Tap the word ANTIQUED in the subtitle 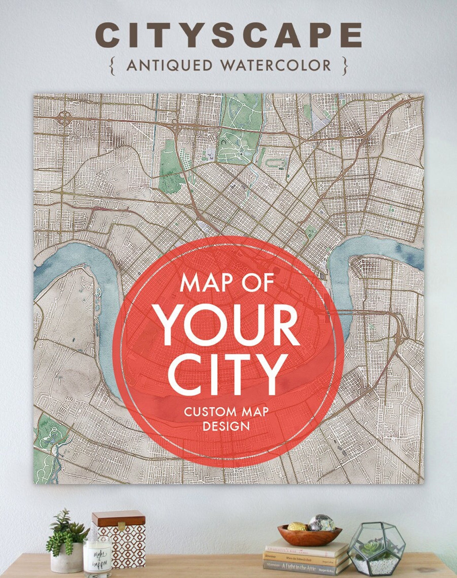[169, 66]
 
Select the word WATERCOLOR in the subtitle [276, 66]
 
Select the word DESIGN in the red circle [226, 426]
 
